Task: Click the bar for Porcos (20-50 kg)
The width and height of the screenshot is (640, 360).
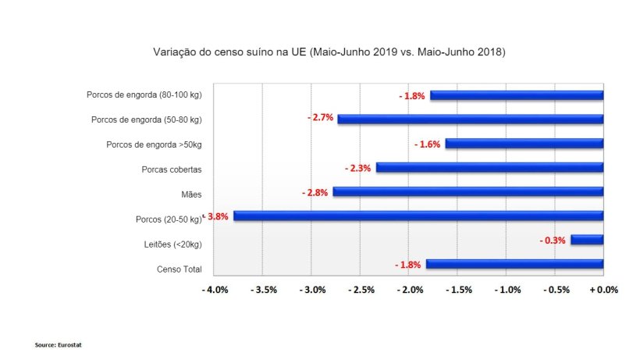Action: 418,216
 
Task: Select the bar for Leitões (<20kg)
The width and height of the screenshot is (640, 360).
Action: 587,240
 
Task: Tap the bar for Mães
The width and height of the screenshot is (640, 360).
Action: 468,191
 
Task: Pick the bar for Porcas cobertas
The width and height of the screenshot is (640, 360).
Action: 489,167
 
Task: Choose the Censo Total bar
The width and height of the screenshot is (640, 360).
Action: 514,264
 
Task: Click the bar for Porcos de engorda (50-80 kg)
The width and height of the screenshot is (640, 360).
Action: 471,119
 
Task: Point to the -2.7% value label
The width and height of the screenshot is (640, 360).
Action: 320,117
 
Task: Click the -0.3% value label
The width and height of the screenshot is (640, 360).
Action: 552,241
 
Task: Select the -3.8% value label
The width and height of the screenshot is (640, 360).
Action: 217,216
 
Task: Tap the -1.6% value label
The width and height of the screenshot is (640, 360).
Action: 428,144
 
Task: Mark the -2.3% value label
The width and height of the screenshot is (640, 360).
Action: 357,168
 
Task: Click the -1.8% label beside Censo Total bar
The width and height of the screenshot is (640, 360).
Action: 408,265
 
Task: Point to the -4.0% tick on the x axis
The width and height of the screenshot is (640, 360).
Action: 215,290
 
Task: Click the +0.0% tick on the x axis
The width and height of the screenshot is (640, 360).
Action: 603,290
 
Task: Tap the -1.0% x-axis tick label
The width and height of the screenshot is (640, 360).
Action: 507,290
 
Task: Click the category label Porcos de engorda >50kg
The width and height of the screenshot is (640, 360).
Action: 154,144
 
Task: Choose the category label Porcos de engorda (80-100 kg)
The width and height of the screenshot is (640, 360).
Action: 144,95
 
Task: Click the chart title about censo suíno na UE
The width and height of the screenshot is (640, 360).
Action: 329,52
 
